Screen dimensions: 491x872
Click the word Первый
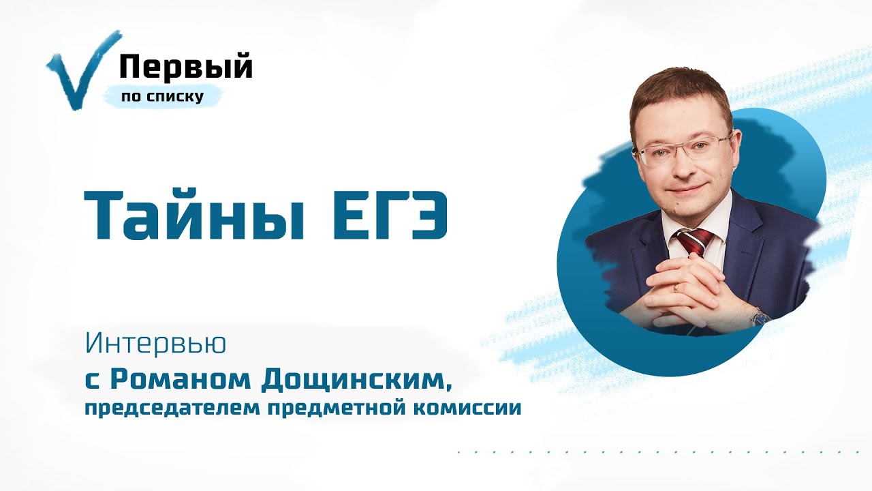(186, 68)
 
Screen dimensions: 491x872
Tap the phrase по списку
(162, 97)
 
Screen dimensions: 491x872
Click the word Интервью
(155, 344)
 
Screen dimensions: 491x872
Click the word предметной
(328, 409)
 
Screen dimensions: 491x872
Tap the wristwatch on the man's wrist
(760, 316)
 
